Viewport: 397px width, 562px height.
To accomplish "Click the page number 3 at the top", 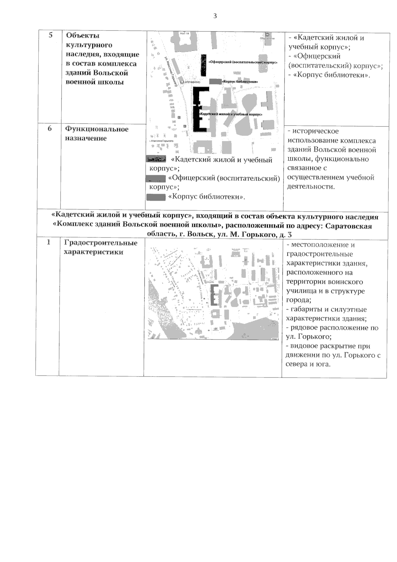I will [x=215, y=16].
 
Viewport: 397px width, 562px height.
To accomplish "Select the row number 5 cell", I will [x=51, y=35].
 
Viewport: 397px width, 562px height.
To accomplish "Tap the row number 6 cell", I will [x=50, y=128].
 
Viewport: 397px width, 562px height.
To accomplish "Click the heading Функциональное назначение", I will [x=96, y=133].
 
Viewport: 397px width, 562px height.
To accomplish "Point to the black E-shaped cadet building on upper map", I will [x=198, y=109].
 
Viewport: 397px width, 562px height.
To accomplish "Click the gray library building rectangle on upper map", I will [x=215, y=81].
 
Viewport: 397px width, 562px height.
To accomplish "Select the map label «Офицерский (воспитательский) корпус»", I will [x=243, y=62].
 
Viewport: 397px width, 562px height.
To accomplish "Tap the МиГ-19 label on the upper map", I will [x=181, y=34].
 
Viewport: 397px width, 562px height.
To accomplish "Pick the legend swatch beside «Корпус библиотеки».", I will [x=156, y=197].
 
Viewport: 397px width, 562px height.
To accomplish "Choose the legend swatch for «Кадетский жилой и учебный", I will [x=156, y=160].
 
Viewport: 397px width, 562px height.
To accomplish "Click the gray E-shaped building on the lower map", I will [x=214, y=294].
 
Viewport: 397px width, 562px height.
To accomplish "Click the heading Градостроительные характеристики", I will [x=101, y=247].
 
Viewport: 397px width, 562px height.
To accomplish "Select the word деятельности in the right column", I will [x=311, y=186].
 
